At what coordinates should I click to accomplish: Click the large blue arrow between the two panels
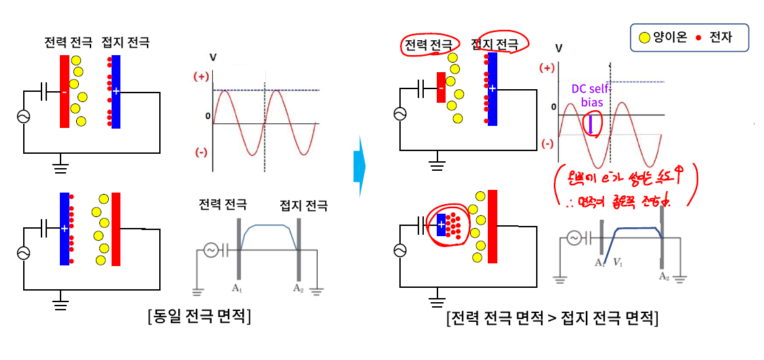click(359, 166)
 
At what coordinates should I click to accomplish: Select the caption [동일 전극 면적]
click(198, 316)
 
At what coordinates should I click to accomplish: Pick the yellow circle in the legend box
click(642, 38)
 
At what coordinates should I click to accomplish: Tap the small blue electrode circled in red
click(441, 224)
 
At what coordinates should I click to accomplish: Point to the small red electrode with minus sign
click(441, 88)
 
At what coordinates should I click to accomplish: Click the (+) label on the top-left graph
click(201, 76)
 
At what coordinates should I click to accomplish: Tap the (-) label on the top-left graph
click(201, 152)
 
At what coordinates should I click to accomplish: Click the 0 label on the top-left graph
click(208, 116)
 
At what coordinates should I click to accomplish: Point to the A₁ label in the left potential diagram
click(237, 288)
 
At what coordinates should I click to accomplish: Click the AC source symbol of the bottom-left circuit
click(24, 252)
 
